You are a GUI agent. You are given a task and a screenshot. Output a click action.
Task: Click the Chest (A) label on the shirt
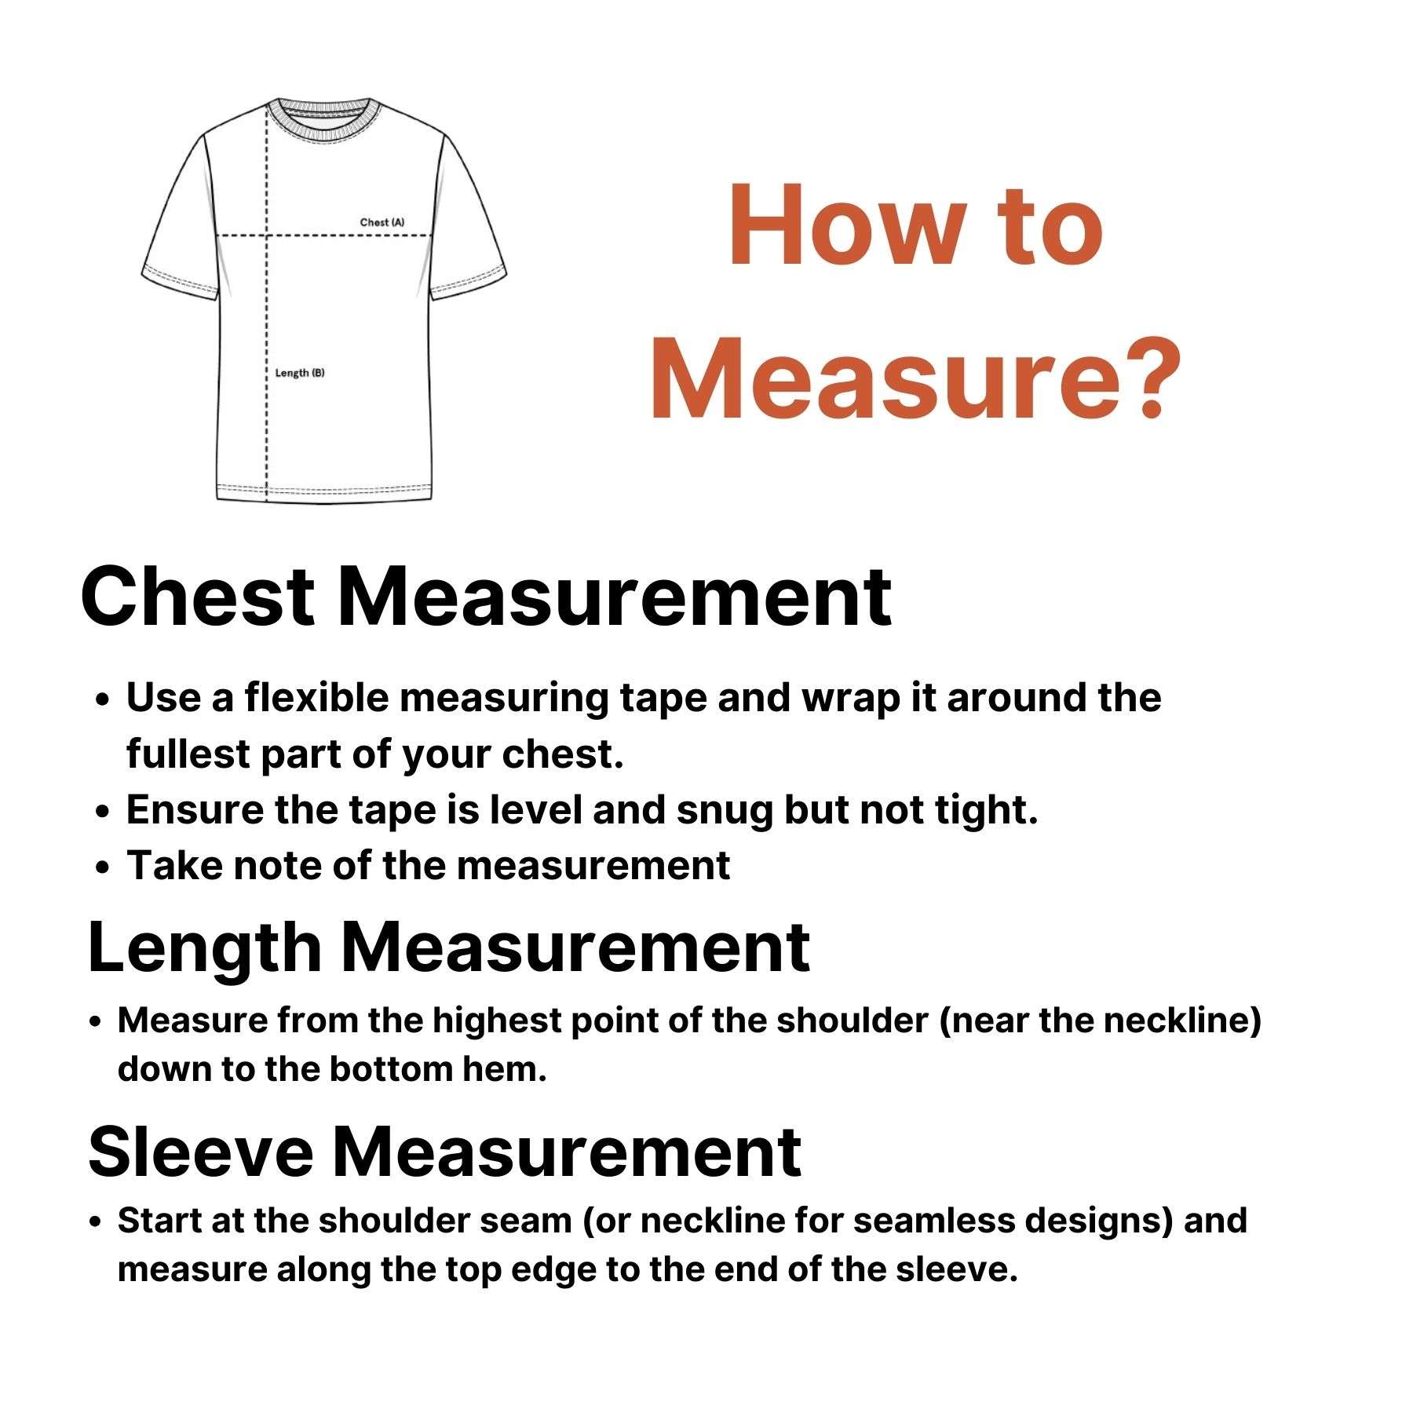coord(382,222)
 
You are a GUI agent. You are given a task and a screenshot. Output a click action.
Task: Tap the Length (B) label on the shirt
coord(299,372)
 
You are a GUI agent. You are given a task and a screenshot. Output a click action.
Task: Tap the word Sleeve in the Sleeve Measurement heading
coord(200,1152)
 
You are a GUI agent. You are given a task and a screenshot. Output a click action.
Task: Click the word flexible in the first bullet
coord(316,697)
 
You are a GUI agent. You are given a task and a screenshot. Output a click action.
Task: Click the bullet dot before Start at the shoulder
coord(96,1222)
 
